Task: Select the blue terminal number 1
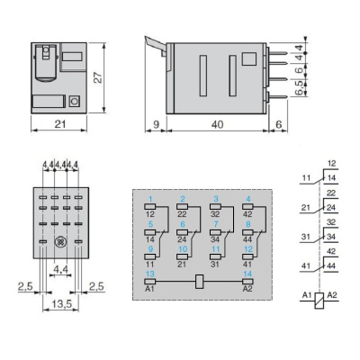click(151, 198)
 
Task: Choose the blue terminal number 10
click(184, 247)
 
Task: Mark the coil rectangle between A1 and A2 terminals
click(201, 280)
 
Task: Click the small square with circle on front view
click(75, 103)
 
